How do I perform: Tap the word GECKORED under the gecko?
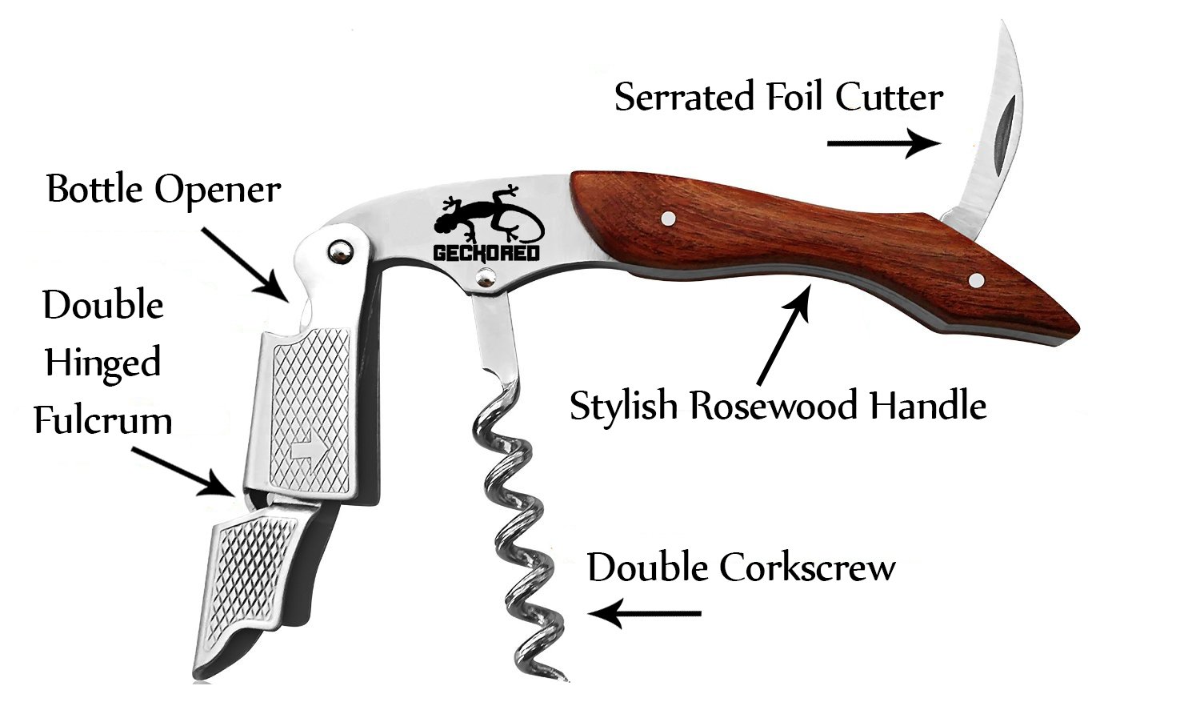coord(486,254)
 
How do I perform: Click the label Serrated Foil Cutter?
coord(778,98)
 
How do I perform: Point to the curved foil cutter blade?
coord(993,136)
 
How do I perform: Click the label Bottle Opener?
coord(164,190)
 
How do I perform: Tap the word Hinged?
coord(102,363)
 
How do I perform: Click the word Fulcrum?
coord(103,420)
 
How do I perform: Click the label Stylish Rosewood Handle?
coord(778,406)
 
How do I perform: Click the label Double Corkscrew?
coord(742,568)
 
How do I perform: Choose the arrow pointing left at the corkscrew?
coord(645,614)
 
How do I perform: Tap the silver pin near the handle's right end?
coord(976,279)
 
